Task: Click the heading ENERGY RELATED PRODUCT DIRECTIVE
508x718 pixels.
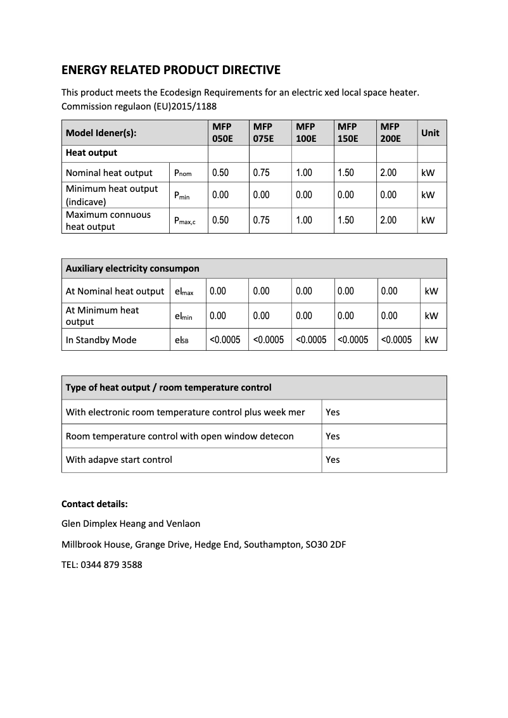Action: click(x=170, y=70)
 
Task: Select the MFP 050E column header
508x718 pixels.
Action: click(x=222, y=132)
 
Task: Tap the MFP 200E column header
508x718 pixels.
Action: click(x=390, y=132)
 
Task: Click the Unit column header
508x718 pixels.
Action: click(x=430, y=133)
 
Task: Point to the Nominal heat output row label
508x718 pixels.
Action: click(x=109, y=173)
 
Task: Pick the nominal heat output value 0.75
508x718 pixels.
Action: click(x=261, y=173)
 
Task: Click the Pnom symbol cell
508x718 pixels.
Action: click(x=182, y=173)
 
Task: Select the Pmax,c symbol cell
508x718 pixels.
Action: click(x=185, y=221)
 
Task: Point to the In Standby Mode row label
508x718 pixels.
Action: click(x=101, y=340)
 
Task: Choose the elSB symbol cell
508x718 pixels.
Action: click(x=181, y=340)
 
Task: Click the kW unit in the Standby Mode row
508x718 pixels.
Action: click(x=431, y=340)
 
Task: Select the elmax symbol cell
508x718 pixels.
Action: click(x=184, y=292)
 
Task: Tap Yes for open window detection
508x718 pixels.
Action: click(x=333, y=436)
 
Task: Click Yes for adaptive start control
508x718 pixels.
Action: click(x=333, y=460)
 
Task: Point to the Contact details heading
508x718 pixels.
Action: click(x=94, y=504)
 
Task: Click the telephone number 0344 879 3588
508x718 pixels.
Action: click(x=111, y=565)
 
